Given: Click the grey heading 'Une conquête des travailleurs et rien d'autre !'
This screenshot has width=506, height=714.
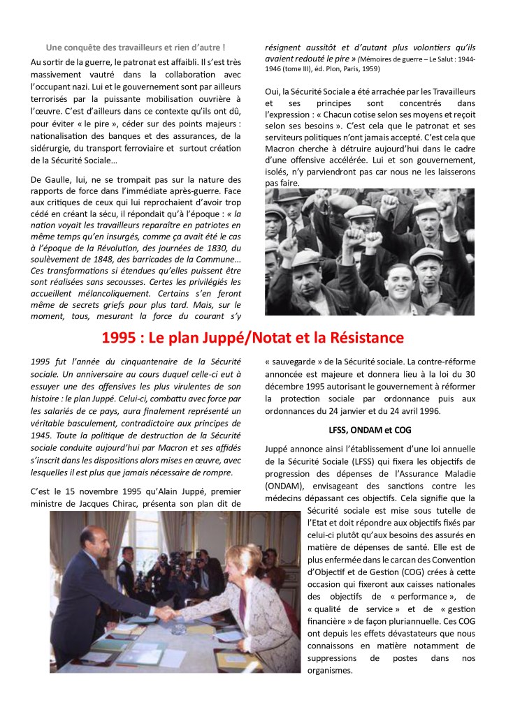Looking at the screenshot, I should click(x=135, y=47).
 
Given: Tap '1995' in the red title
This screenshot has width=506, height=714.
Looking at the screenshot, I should click(x=118, y=339).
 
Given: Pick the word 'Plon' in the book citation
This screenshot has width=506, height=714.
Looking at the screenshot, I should click(x=331, y=70).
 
